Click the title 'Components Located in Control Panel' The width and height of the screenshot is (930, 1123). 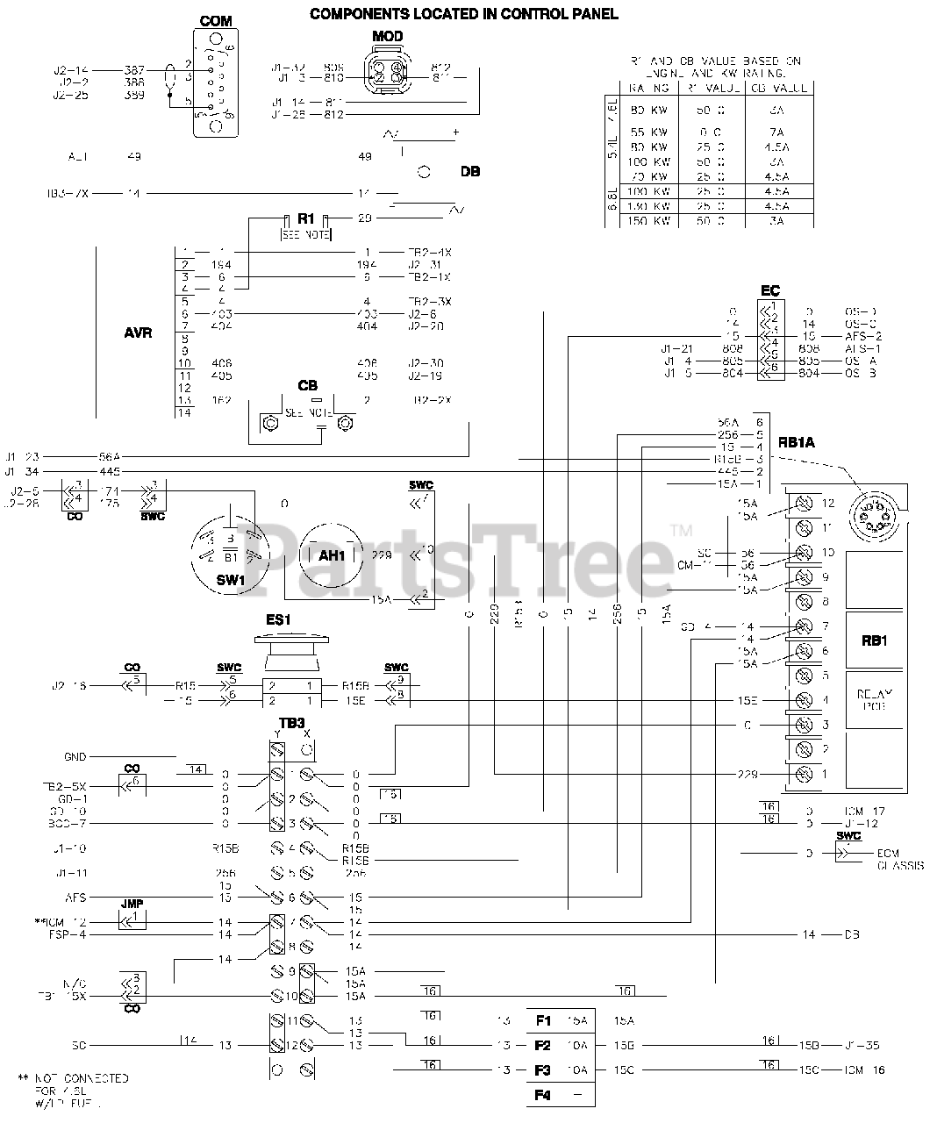coord(463,13)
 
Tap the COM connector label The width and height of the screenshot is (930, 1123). coord(216,21)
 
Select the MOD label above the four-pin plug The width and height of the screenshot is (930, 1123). coord(387,35)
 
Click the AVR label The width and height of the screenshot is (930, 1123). coord(139,333)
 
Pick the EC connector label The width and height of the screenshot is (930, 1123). coord(769,290)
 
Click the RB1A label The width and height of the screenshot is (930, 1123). coord(797,442)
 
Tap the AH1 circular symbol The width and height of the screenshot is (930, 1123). coord(332,554)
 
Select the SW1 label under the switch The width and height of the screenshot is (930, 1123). coord(230,582)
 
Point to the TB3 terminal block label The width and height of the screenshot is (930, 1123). coord(293,722)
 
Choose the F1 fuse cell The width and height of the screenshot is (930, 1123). coord(560,1020)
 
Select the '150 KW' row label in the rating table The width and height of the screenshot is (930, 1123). coord(650,221)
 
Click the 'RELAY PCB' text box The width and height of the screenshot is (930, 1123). coord(875,700)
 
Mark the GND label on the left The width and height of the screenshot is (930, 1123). coord(75,756)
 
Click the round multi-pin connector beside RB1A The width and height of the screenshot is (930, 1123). coord(875,513)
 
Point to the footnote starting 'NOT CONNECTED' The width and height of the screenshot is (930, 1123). coord(74,1090)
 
